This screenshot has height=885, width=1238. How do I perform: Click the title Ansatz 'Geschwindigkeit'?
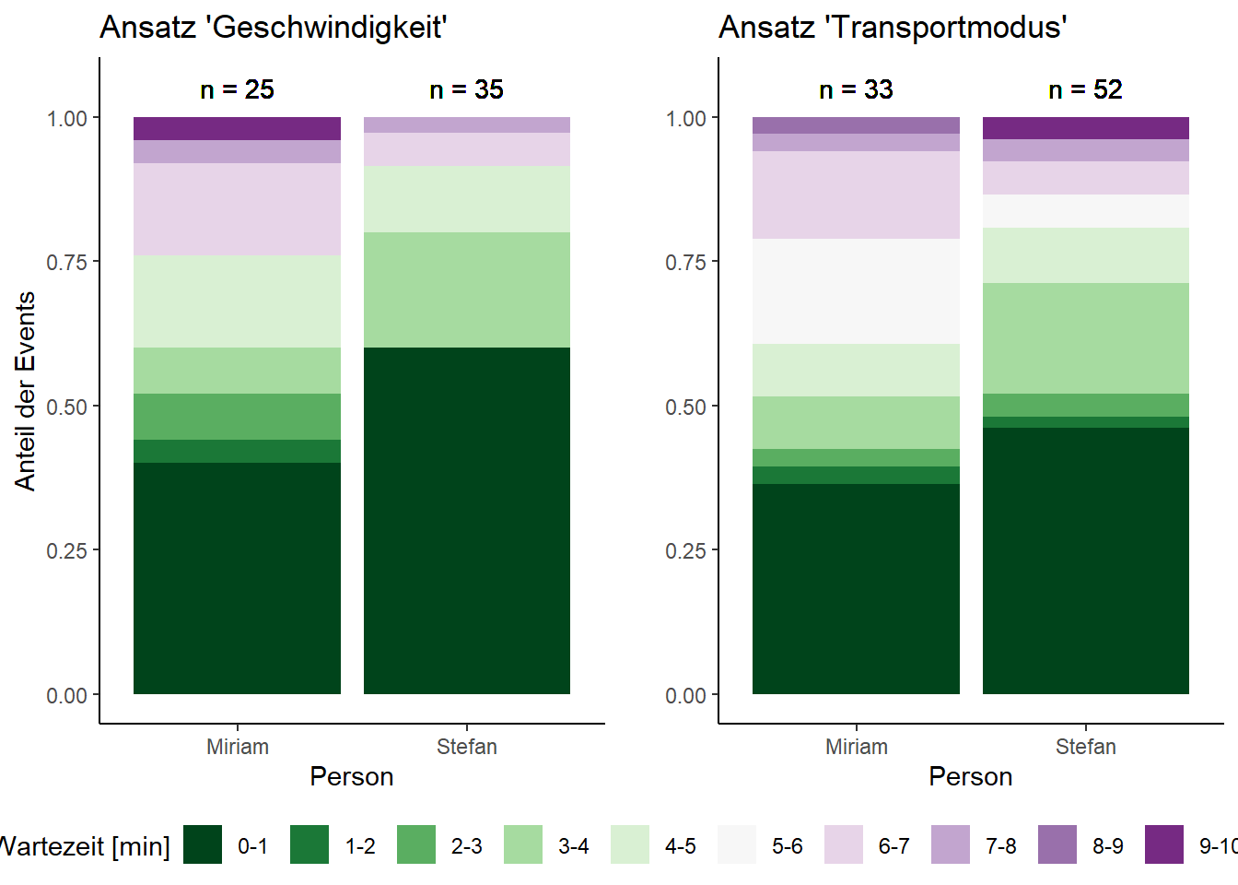[273, 28]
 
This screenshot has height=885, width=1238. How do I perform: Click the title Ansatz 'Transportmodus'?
[892, 28]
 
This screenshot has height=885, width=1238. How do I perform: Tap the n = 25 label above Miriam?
[237, 89]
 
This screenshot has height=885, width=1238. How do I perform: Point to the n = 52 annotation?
[1085, 89]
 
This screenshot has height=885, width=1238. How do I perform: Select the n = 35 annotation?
[466, 89]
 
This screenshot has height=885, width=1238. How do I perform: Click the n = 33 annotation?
[856, 89]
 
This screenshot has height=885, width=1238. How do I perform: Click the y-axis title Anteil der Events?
[26, 391]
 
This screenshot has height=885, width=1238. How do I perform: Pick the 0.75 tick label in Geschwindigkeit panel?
[66, 263]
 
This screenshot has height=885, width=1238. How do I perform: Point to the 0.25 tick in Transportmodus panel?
[685, 551]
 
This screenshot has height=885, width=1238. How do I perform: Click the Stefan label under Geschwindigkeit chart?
[466, 747]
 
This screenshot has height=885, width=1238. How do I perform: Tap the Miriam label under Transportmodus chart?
[856, 747]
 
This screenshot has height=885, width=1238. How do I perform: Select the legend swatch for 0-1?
[203, 844]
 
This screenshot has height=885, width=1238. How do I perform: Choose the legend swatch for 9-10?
[1164, 844]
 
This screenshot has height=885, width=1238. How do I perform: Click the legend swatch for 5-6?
[737, 844]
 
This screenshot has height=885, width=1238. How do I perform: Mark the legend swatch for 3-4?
[523, 844]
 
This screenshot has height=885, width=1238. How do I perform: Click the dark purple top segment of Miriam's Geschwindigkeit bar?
[237, 128]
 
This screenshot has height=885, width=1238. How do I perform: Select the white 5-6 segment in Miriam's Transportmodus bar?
[856, 291]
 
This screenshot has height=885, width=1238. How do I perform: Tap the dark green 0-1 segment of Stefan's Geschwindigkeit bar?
[466, 521]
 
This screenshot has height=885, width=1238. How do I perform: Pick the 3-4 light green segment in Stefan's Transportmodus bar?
[1085, 338]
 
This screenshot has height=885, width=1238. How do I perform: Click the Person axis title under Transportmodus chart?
[970, 777]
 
